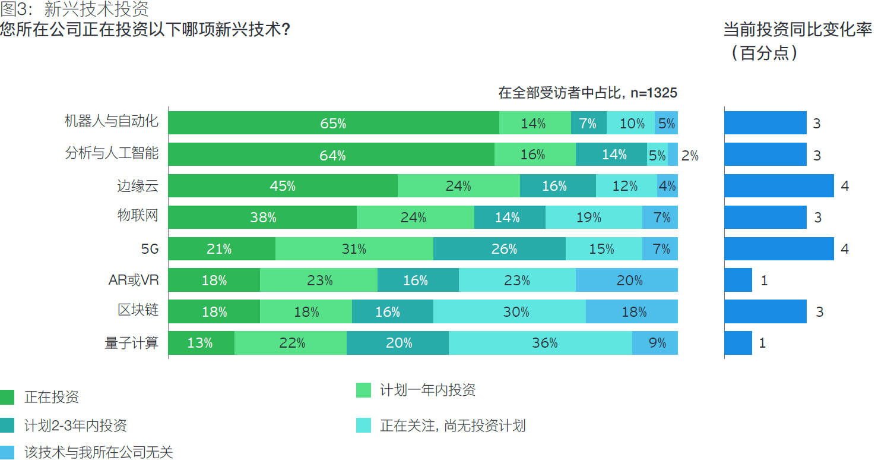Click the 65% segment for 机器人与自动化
click(333, 123)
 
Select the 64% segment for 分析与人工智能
click(331, 155)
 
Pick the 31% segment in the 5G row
click(354, 249)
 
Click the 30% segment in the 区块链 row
click(509, 311)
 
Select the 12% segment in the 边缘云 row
click(626, 186)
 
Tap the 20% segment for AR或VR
click(627, 280)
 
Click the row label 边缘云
click(138, 185)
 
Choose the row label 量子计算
click(132, 342)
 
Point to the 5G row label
click(150, 249)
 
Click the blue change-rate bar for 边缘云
click(779, 186)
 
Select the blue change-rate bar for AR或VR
click(738, 280)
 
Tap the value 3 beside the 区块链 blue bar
click(819, 312)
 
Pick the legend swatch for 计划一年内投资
click(363, 390)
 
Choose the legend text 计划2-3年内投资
click(75, 426)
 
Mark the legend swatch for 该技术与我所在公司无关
click(7, 452)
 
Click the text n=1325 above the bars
click(654, 93)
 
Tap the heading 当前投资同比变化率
click(797, 30)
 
